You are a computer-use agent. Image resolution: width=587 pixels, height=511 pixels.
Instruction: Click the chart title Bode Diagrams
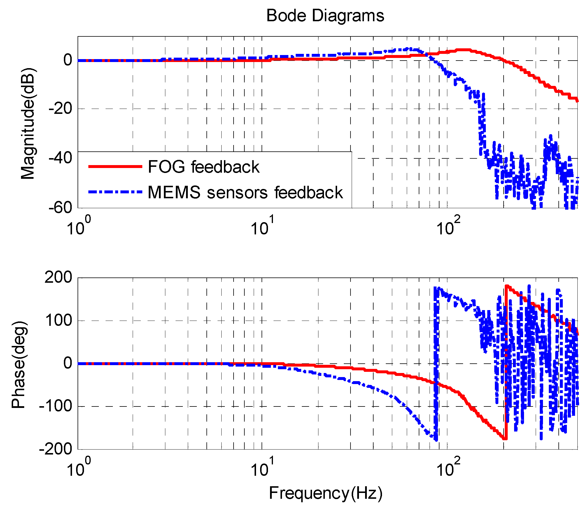(x=325, y=15)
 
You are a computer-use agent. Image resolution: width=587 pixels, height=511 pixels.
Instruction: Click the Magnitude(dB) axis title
(x=28, y=123)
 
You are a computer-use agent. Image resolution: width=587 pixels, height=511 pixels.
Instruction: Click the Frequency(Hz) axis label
(x=325, y=493)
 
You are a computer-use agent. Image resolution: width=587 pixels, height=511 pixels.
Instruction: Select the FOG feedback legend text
(x=204, y=167)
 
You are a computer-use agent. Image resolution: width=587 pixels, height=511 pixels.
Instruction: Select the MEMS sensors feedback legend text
(x=245, y=192)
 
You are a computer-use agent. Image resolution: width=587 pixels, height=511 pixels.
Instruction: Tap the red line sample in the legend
(x=115, y=167)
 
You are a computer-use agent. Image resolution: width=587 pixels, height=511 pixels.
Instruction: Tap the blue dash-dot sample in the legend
(x=115, y=192)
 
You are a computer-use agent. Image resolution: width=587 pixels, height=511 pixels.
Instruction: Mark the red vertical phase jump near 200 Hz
(x=506, y=364)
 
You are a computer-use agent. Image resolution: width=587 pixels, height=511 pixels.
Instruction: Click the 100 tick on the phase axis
(x=58, y=320)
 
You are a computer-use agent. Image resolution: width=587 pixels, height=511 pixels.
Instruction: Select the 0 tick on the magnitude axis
(x=68, y=60)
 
